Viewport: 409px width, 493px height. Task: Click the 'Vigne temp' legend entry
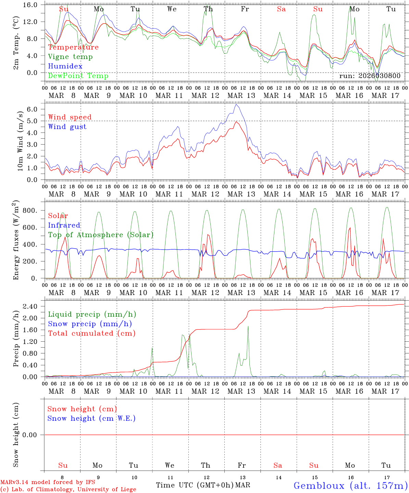tap(70, 57)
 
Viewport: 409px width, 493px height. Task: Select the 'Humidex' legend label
tap(65, 66)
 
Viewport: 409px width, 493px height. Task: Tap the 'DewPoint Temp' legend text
tap(78, 76)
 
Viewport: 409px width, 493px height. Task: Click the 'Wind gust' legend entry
tap(67, 127)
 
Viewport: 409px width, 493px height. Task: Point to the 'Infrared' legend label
tap(64, 225)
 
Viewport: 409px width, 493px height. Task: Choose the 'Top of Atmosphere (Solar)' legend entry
tap(101, 235)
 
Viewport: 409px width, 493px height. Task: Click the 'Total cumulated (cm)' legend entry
tap(91, 333)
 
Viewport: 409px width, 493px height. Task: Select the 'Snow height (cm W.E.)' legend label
tap(91, 418)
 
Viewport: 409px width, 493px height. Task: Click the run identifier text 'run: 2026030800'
tap(370, 76)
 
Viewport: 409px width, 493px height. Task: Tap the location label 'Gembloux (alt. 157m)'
tap(350, 485)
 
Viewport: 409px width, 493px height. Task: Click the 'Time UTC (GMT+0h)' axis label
tap(195, 485)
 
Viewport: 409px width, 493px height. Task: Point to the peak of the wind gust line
tap(236, 104)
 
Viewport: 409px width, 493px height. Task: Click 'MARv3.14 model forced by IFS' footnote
tap(48, 482)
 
